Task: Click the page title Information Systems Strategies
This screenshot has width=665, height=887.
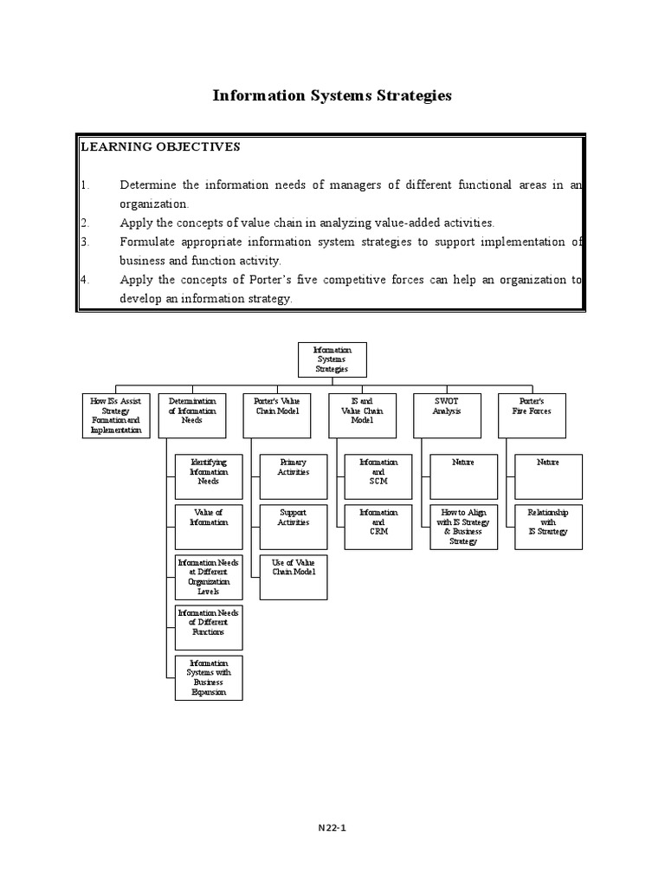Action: [x=332, y=96]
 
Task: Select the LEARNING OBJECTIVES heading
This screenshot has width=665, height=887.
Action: [x=160, y=146]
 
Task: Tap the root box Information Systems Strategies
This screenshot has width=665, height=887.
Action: [x=332, y=359]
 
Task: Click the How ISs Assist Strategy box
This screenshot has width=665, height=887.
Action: [x=115, y=414]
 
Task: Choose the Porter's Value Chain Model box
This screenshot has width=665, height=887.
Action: [x=276, y=414]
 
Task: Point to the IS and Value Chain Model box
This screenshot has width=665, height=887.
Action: [x=361, y=414]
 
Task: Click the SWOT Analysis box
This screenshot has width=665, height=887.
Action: [x=447, y=414]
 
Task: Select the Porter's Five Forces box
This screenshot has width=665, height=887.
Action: [x=532, y=414]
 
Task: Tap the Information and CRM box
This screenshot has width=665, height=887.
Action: [x=378, y=526]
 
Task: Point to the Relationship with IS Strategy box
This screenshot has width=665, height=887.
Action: [x=547, y=526]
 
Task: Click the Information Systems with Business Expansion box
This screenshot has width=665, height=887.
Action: [x=208, y=677]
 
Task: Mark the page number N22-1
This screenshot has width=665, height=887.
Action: [x=332, y=827]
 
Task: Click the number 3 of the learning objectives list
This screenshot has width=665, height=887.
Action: [x=85, y=242]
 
